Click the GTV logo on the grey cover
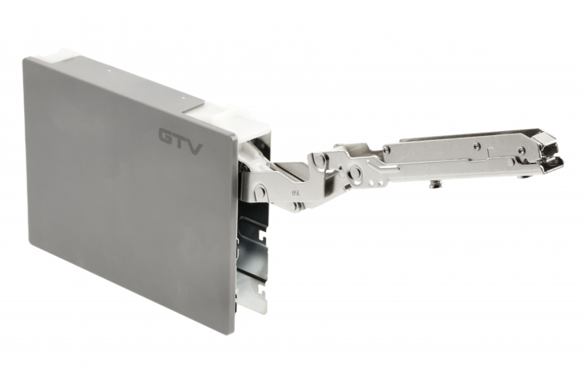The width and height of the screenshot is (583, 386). (180, 141)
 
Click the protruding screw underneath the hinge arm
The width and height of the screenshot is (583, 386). (434, 184)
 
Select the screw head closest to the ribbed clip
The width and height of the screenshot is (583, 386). (521, 150)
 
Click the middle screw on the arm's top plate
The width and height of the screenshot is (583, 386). (477, 146)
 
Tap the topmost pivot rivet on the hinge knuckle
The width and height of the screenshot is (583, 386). (319, 159)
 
